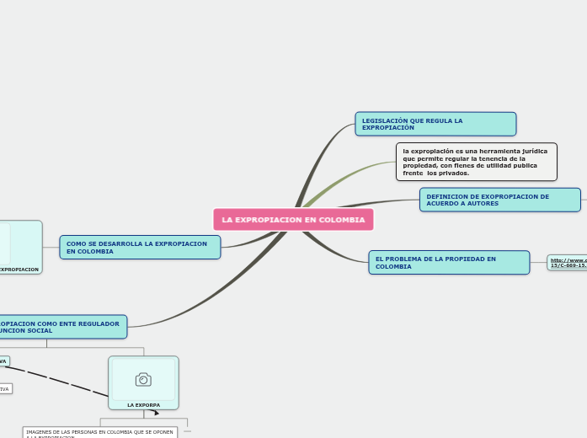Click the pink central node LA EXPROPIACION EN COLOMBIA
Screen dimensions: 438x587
pyautogui.click(x=293, y=220)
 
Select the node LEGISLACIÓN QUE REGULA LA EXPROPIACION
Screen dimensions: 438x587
pyautogui.click(x=435, y=124)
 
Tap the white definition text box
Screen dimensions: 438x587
pyautogui.click(x=477, y=162)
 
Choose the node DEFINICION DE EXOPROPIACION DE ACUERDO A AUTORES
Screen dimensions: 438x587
pyautogui.click(x=499, y=200)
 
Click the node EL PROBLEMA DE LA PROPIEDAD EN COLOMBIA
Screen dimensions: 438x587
pyautogui.click(x=449, y=263)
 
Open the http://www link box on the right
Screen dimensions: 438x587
pyautogui.click(x=568, y=263)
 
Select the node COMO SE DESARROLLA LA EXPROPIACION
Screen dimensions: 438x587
pyautogui.click(x=140, y=248)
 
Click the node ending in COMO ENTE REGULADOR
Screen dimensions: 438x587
pyautogui.click(x=63, y=327)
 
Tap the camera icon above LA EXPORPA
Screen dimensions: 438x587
pyautogui.click(x=143, y=380)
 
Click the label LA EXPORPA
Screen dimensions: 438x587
pyautogui.click(x=143, y=405)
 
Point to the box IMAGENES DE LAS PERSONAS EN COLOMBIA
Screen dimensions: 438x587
pyautogui.click(x=99, y=433)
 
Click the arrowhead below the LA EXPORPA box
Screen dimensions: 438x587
pyautogui.click(x=156, y=413)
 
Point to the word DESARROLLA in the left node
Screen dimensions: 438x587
pyautogui.click(x=125, y=243)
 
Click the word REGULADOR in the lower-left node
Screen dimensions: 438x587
pyautogui.click(x=100, y=323)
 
